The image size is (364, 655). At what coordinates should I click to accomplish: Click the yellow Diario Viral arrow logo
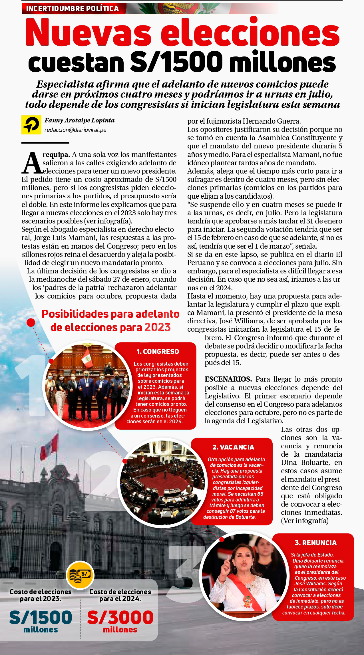pyautogui.click(x=31, y=125)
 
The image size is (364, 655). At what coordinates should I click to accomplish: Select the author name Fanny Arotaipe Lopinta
pyautogui.click(x=79, y=120)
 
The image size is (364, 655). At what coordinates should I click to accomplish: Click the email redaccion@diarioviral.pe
pyautogui.click(x=75, y=130)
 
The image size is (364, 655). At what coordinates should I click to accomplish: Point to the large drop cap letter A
pyautogui.click(x=32, y=163)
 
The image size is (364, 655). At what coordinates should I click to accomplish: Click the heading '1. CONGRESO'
pyautogui.click(x=158, y=352)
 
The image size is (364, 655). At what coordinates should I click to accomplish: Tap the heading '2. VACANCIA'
pyautogui.click(x=233, y=447)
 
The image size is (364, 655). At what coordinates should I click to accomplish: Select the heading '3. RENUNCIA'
pyautogui.click(x=316, y=543)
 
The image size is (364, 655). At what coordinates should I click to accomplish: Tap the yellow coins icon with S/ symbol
pyautogui.click(x=80, y=575)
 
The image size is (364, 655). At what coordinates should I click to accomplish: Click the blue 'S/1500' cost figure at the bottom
pyautogui.click(x=41, y=617)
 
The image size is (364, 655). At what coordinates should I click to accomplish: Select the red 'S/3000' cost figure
pyautogui.click(x=120, y=617)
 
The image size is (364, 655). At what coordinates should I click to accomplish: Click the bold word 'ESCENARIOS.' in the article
pyautogui.click(x=228, y=379)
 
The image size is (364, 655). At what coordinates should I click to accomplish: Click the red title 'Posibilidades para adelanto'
pyautogui.click(x=110, y=314)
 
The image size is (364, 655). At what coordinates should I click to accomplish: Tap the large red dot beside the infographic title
pyautogui.click(x=31, y=323)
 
